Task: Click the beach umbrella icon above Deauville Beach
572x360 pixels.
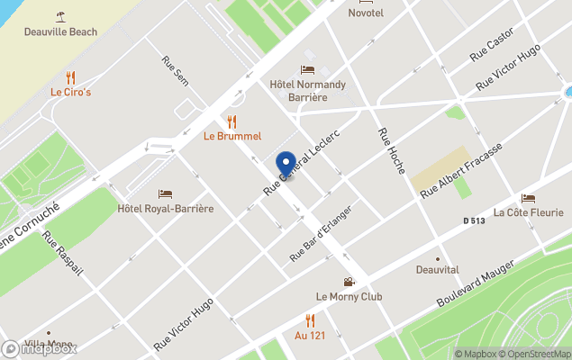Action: point(61,14)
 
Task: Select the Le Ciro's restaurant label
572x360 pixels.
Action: point(70,92)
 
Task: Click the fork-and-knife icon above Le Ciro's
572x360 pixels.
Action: point(70,77)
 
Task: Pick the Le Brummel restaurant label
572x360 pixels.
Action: point(232,136)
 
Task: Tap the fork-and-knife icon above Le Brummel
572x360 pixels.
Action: point(232,121)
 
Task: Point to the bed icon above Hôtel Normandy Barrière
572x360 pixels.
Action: point(307,69)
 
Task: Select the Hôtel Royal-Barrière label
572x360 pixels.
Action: point(166,209)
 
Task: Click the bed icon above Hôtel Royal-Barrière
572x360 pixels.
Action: point(166,193)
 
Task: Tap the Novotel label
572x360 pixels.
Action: point(366,13)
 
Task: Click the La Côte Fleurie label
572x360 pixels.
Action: point(528,212)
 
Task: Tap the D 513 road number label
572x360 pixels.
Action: point(475,220)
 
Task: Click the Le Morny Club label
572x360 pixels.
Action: point(349,296)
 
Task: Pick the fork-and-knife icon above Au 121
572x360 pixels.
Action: point(310,320)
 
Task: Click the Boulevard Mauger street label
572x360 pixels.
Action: point(475,282)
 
